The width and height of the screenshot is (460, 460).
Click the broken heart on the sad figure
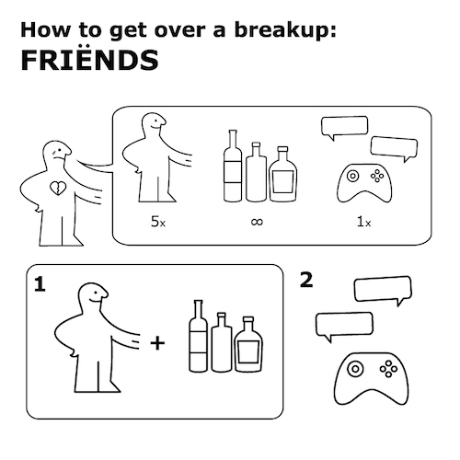pyautogui.click(x=57, y=188)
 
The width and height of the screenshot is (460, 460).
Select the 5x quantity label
pyautogui.click(x=158, y=222)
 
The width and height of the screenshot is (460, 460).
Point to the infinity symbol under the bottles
pyautogui.click(x=257, y=222)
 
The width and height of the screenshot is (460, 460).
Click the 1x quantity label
pyautogui.click(x=363, y=222)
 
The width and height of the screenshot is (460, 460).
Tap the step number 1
pyautogui.click(x=40, y=284)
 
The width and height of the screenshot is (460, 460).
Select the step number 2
pyautogui.click(x=306, y=280)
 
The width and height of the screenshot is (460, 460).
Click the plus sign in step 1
pyautogui.click(x=157, y=343)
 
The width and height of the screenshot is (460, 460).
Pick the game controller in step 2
pyautogui.click(x=371, y=378)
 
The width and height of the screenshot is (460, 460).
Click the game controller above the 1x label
pyautogui.click(x=364, y=183)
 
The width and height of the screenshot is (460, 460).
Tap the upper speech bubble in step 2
pyautogui.click(x=383, y=290)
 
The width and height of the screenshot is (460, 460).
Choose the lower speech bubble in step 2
pyautogui.click(x=344, y=326)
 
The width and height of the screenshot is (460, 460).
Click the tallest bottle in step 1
pyautogui.click(x=199, y=336)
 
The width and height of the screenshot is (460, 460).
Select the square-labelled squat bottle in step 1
pyautogui.click(x=248, y=344)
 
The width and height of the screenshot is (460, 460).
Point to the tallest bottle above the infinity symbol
pyautogui.click(x=233, y=166)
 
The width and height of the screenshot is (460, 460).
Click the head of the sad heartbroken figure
pyautogui.click(x=57, y=153)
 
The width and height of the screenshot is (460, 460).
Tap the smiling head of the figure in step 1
pyautogui.click(x=93, y=295)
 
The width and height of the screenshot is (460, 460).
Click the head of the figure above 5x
pyautogui.click(x=154, y=124)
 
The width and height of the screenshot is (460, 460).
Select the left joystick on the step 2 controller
pyautogui.click(x=355, y=368)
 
